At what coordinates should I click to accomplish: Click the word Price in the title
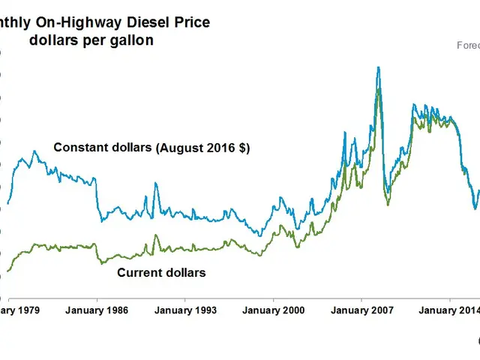point(191,23)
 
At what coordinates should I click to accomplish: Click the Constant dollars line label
point(103,148)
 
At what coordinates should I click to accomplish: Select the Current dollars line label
point(161,273)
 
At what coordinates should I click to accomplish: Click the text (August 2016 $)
point(202,148)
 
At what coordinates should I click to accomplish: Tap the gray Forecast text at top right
point(468,45)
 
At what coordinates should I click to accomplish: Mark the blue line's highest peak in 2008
point(378,67)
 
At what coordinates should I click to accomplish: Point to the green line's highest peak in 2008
point(379,89)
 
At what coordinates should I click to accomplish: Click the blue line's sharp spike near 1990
point(155,183)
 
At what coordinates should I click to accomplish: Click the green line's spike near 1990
point(155,235)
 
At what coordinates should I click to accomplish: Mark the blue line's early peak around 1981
point(34,151)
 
